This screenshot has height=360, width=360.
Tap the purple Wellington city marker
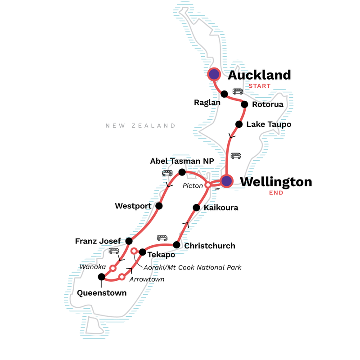click(226, 181)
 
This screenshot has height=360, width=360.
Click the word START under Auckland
click(259, 86)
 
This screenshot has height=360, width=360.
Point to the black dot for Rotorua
click(244, 104)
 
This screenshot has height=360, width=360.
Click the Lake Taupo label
click(269, 124)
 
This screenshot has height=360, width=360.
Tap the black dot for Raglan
click(224, 94)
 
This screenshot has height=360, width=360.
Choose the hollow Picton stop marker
click(208, 185)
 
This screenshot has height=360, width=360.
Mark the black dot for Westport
click(159, 206)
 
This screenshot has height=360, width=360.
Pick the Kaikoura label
click(221, 208)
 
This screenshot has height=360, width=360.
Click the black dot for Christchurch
click(177, 245)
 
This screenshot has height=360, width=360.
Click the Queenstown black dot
click(101, 277)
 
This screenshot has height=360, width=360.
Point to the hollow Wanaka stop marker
click(113, 268)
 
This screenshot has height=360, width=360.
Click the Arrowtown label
click(146, 279)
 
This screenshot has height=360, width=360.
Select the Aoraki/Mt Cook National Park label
click(192, 267)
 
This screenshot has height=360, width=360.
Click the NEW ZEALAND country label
click(140, 126)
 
